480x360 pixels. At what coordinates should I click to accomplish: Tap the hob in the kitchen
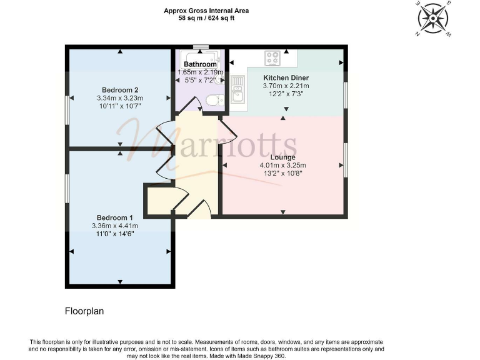272,58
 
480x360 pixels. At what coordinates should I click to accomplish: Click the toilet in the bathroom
214,100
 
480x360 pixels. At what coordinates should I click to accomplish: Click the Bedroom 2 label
120,89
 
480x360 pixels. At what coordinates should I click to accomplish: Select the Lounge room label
282,157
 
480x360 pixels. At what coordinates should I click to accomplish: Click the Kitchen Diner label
286,77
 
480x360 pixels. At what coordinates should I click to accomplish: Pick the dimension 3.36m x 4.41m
115,225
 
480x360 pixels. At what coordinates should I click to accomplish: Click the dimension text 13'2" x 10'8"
282,173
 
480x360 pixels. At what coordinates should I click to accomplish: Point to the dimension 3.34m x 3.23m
120,97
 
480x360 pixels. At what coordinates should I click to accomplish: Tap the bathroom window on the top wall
201,47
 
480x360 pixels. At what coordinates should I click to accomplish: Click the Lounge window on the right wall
345,160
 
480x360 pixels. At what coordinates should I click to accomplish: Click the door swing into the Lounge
227,130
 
